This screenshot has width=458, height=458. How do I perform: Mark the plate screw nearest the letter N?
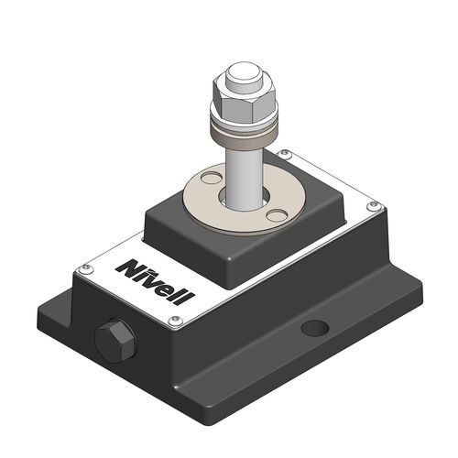pyautogui.click(x=85, y=267)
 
